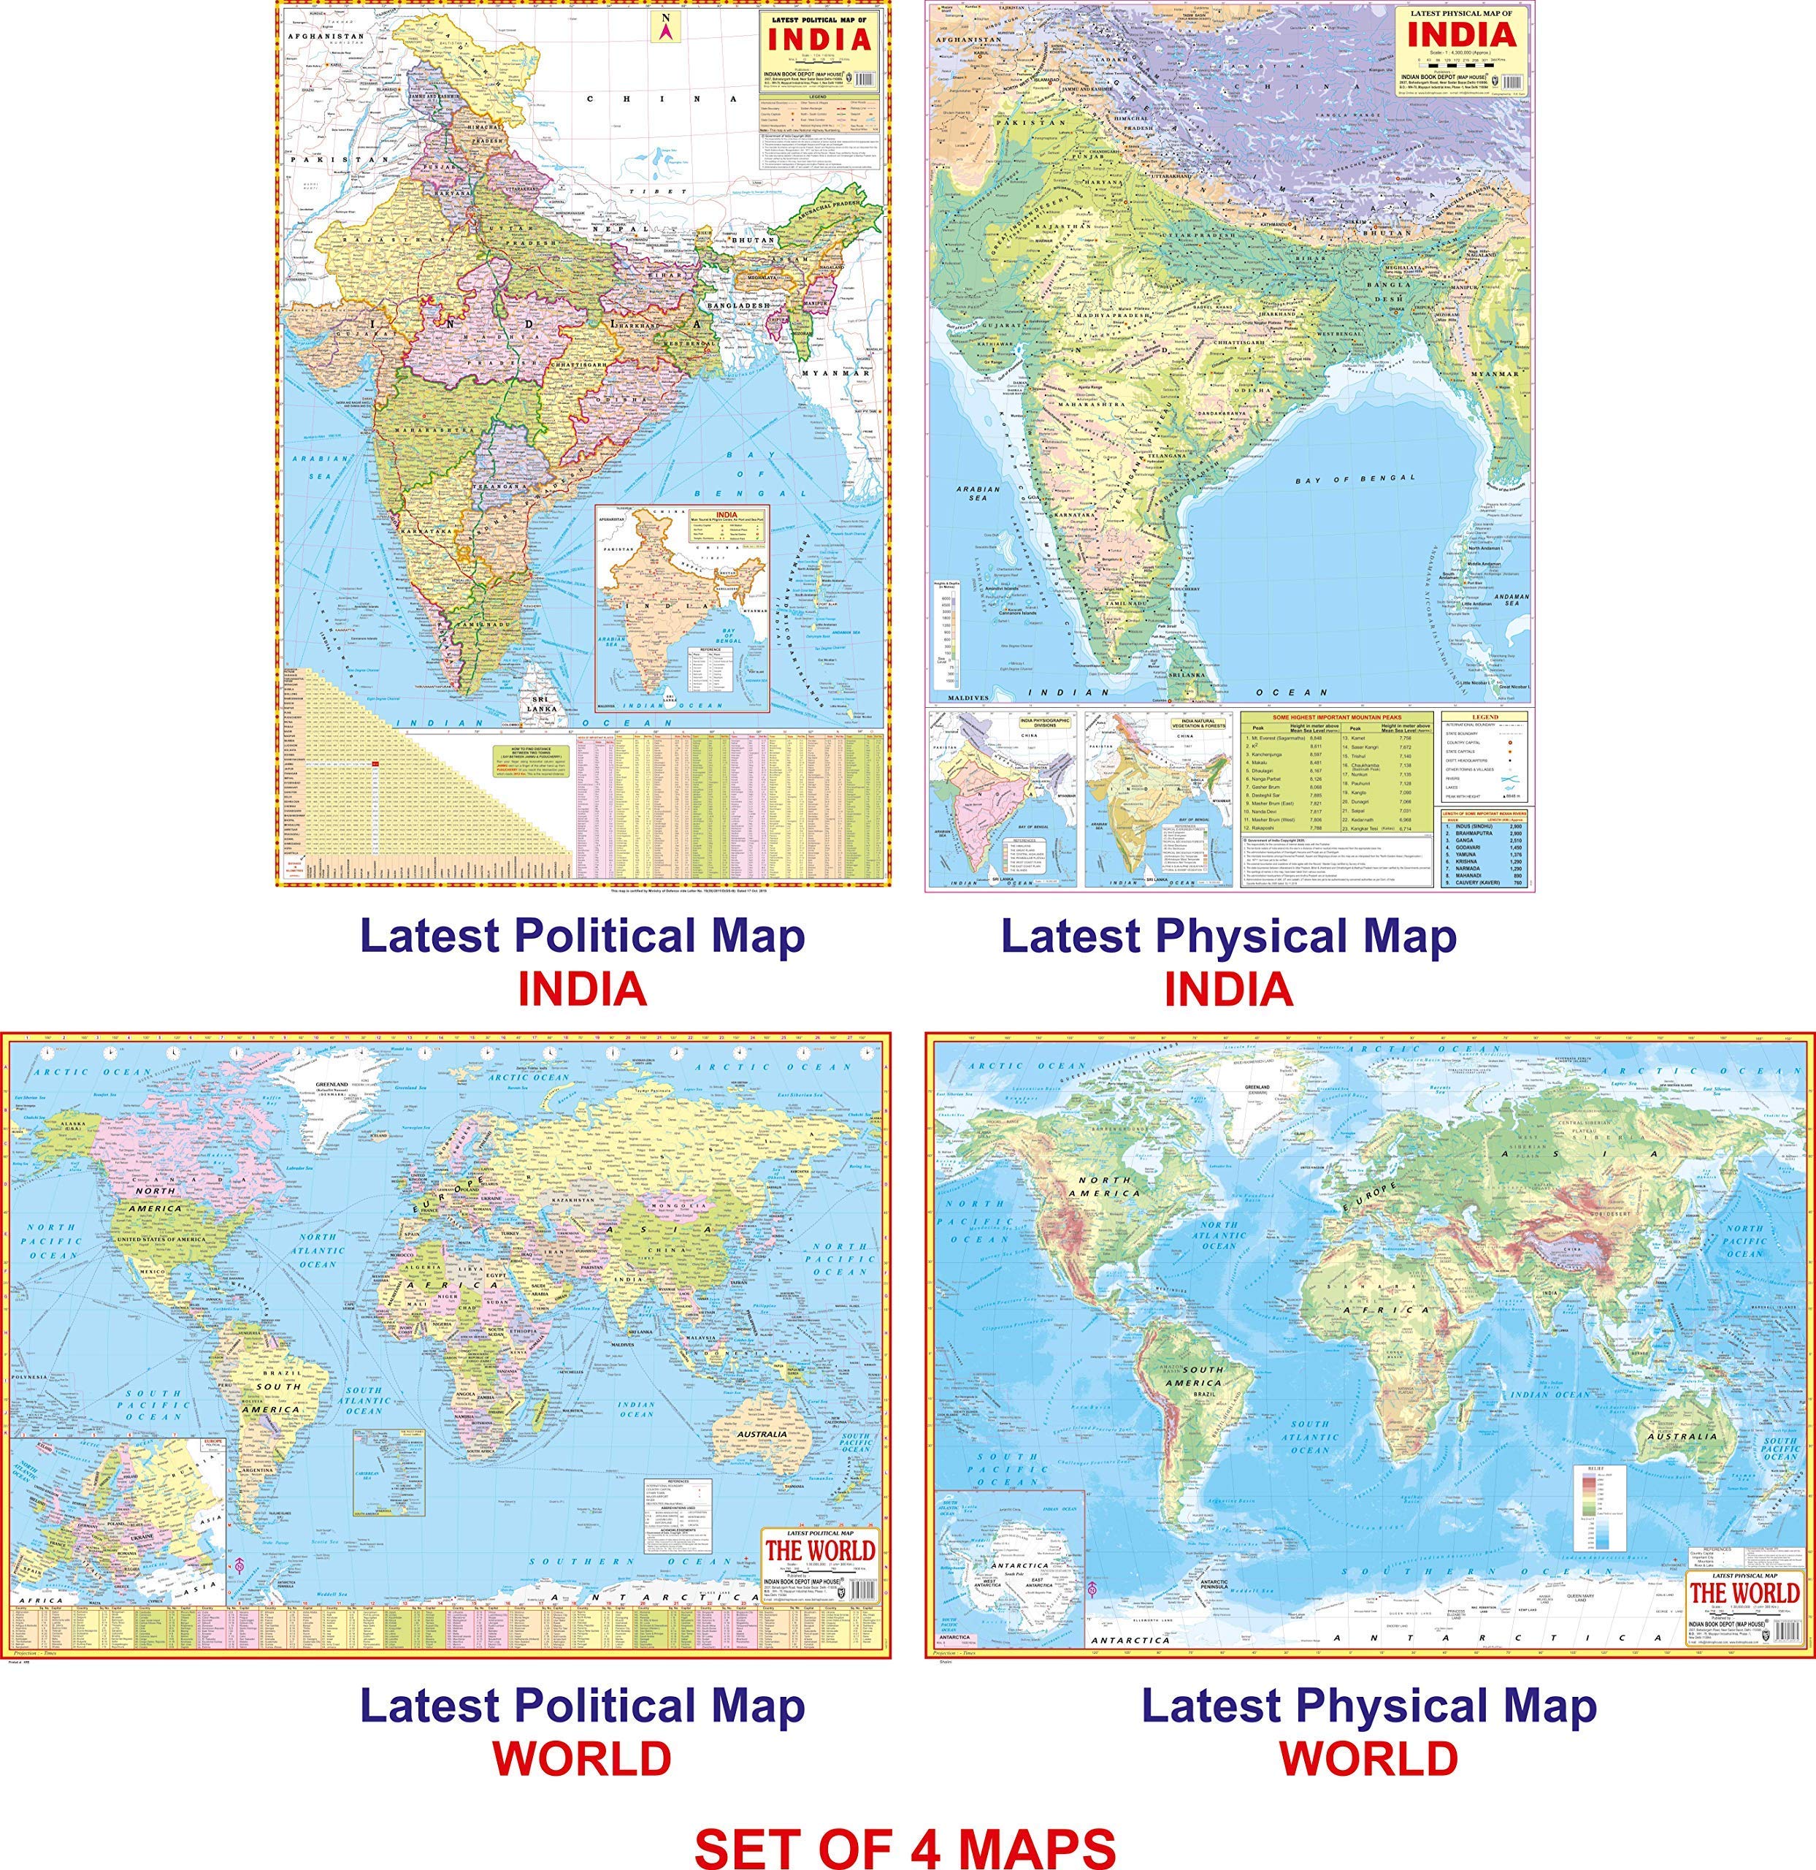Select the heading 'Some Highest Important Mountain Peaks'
coord(1339,716)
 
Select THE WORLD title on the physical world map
coord(1744,1593)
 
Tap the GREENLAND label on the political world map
coord(340,1085)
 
